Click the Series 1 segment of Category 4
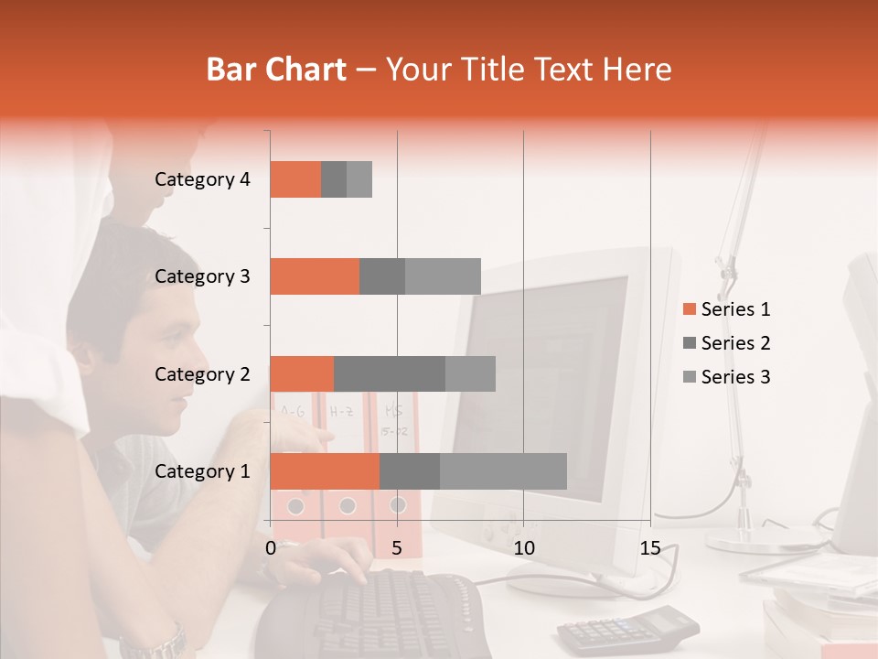pos(295,179)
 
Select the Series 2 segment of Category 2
pos(390,373)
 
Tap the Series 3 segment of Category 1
pos(503,471)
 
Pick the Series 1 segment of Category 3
pos(315,276)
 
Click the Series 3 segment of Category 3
pos(443,276)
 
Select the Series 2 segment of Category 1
pos(410,471)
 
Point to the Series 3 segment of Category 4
pos(359,179)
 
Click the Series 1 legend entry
pos(726,309)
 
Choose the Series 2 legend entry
pos(726,343)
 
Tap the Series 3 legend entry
pos(726,377)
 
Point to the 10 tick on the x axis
pos(523,548)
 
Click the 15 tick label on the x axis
pos(650,548)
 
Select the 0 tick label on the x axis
pos(271,548)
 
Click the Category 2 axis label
pos(202,373)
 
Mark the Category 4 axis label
pos(202,179)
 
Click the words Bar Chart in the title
pos(276,70)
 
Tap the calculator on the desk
pos(627,628)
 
